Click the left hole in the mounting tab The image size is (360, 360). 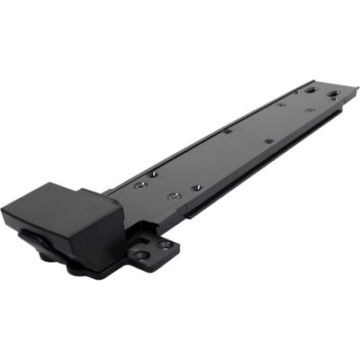pos(142,254)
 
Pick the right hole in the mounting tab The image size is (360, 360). pos(166,243)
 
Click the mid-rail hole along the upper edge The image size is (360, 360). pos(227,130)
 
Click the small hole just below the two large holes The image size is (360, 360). pos(308,111)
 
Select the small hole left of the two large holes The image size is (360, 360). pos(282,104)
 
